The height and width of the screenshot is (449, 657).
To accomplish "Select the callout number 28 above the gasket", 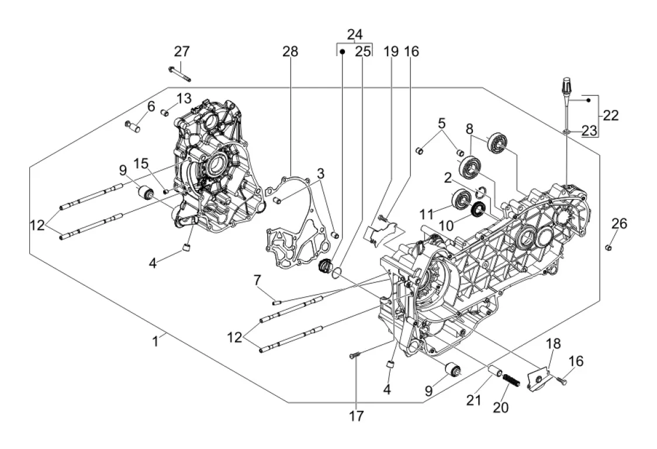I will [290, 51].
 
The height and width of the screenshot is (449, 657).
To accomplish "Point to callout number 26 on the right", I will [619, 223].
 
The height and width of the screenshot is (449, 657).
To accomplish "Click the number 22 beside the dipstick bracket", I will [610, 116].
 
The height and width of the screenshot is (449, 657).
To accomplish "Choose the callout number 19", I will [391, 51].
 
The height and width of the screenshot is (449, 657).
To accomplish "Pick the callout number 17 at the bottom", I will [357, 416].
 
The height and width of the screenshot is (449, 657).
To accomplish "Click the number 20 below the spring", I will [500, 407].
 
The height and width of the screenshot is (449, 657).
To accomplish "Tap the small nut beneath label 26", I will [608, 248].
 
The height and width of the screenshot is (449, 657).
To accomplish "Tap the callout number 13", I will [184, 97].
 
